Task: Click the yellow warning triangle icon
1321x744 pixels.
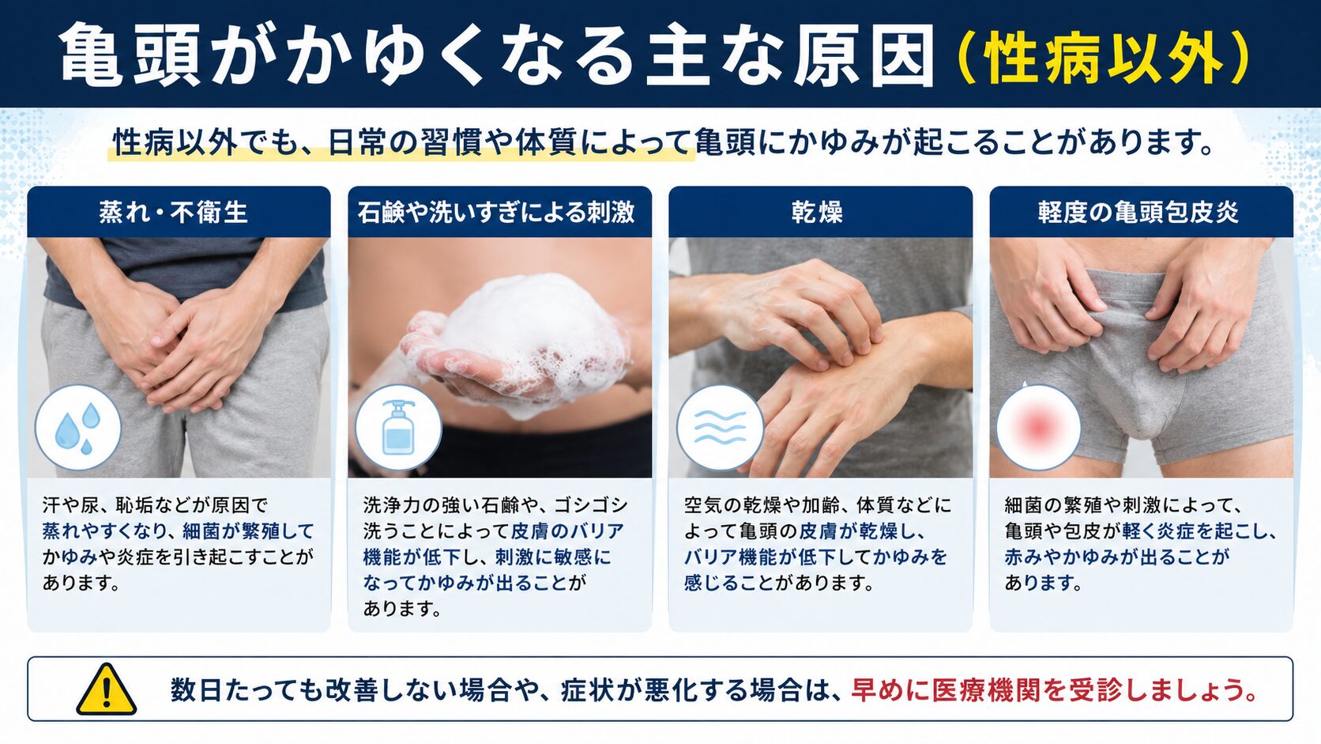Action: (106, 689)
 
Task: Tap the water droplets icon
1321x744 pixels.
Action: (78, 428)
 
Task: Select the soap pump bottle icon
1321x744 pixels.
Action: (398, 428)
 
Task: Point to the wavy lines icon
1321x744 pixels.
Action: (720, 428)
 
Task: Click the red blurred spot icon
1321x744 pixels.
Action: (1039, 428)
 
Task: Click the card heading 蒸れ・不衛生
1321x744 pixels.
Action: (173, 213)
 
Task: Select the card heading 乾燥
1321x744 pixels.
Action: (818, 213)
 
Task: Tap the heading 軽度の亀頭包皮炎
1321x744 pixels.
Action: (1138, 213)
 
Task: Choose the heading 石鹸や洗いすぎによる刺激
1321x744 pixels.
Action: (496, 213)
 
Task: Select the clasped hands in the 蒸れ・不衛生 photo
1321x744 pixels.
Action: (177, 342)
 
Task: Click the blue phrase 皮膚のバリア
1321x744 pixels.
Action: (567, 531)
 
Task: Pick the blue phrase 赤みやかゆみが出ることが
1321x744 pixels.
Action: (1117, 557)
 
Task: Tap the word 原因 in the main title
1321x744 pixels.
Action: (862, 56)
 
